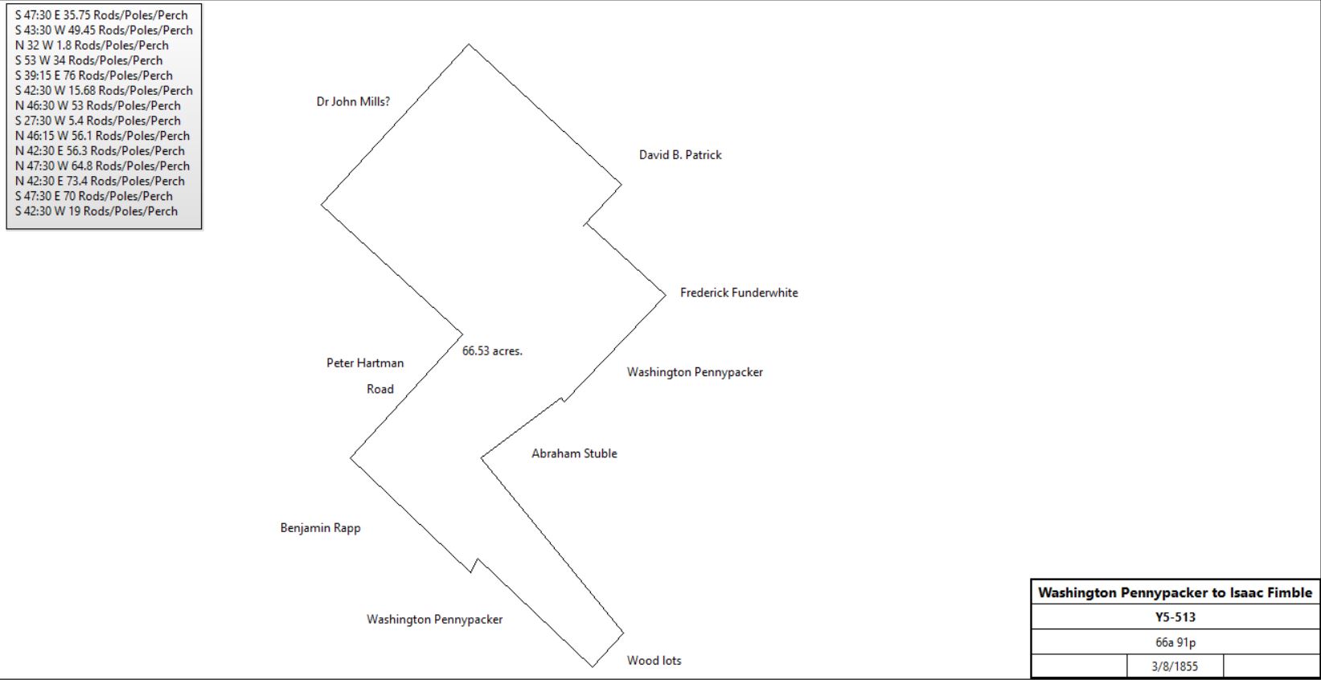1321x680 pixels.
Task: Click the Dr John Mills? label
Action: point(353,101)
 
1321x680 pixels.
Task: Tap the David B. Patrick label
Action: point(680,154)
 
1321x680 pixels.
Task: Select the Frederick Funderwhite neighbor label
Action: point(739,293)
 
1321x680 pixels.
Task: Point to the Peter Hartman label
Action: point(365,363)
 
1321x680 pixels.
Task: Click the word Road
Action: point(379,389)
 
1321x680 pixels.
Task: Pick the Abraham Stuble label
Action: point(574,453)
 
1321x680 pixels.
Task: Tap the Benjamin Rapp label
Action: point(320,528)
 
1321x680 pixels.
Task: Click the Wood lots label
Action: point(654,661)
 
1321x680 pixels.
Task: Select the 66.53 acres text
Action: point(492,351)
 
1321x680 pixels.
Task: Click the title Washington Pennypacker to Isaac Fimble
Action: point(1175,592)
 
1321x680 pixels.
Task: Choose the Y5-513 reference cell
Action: point(1175,617)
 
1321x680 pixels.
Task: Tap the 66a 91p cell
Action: point(1175,642)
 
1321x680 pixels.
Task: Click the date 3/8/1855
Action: point(1175,666)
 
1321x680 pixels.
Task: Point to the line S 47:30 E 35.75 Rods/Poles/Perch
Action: point(101,15)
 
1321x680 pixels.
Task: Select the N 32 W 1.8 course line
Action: point(92,45)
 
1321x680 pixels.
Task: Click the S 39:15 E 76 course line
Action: point(94,76)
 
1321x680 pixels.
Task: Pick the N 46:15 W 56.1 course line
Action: point(103,136)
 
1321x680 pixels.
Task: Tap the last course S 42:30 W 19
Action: point(96,211)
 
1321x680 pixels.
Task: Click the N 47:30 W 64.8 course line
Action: point(103,166)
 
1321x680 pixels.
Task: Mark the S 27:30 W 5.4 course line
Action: point(98,121)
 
